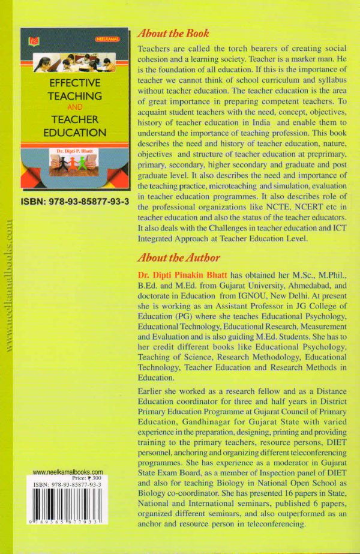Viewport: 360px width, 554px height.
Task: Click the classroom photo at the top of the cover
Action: pyautogui.click(x=75, y=62)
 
